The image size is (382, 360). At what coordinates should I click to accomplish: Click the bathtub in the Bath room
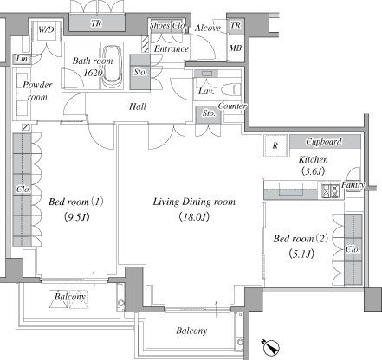[x=113, y=66]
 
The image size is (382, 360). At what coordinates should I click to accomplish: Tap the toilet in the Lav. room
[x=231, y=89]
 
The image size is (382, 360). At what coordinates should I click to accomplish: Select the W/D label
[x=46, y=29]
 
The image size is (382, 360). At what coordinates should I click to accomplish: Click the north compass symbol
[x=271, y=348]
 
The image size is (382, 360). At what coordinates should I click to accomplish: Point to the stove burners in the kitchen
[x=330, y=190]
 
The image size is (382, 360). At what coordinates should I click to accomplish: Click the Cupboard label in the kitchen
[x=324, y=141]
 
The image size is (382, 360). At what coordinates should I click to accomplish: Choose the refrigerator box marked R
[x=275, y=145]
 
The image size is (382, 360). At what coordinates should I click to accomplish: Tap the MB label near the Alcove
[x=235, y=48]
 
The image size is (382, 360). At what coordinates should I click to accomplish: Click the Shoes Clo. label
[x=168, y=25]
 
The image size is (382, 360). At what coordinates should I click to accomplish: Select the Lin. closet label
[x=23, y=59]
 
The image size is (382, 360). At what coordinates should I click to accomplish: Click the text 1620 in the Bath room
[x=93, y=73]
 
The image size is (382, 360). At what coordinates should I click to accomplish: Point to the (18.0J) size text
[x=194, y=216]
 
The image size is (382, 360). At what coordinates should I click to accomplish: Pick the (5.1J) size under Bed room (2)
[x=301, y=254]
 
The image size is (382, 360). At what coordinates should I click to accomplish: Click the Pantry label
[x=353, y=185]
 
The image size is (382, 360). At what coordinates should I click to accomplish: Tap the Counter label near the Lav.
[x=232, y=106]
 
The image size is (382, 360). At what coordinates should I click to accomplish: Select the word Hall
[x=138, y=106]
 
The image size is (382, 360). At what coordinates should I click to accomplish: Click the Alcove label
[x=208, y=28]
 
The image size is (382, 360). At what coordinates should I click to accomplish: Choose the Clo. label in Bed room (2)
[x=353, y=249]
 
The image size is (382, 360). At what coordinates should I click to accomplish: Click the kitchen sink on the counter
[x=291, y=189]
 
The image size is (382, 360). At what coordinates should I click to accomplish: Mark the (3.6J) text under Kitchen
[x=313, y=171]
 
